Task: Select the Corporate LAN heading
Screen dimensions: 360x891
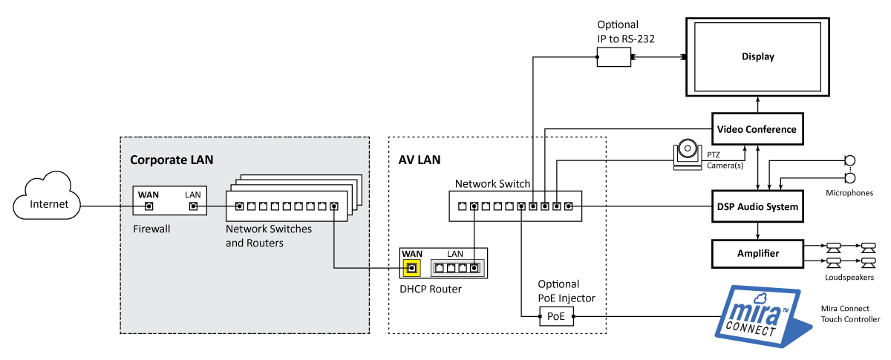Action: (x=172, y=160)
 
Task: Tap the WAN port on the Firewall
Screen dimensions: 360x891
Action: (x=148, y=206)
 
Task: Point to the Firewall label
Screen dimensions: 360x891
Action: (x=151, y=229)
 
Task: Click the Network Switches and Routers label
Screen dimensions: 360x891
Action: (x=268, y=236)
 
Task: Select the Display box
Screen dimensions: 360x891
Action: (x=757, y=57)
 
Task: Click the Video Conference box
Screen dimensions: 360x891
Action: (x=757, y=129)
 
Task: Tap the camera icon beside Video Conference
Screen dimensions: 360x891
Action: (x=688, y=153)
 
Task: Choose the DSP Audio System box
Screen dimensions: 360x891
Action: (x=757, y=206)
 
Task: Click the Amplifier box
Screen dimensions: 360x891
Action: (x=757, y=254)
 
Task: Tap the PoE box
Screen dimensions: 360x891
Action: (x=556, y=317)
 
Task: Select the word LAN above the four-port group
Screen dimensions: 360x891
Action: (x=455, y=254)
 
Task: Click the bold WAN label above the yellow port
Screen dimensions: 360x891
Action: (x=411, y=254)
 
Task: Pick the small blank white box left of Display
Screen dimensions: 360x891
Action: (x=613, y=56)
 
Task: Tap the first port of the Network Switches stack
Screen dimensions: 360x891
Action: (x=239, y=206)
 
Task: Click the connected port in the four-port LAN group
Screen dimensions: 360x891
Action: (x=474, y=268)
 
